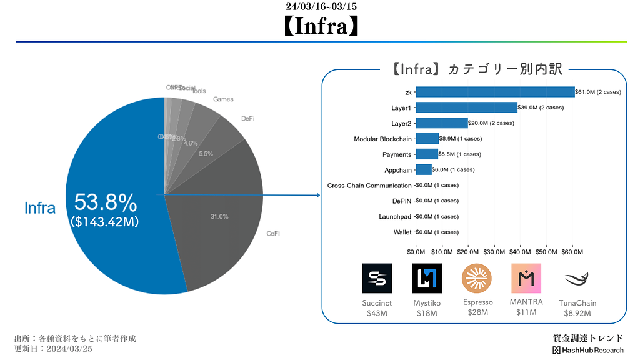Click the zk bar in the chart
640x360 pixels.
pyautogui.click(x=495, y=92)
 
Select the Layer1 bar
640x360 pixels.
pyautogui.click(x=466, y=107)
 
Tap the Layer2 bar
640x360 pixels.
pyautogui.click(x=441, y=123)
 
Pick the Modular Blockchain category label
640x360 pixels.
pyautogui.click(x=382, y=139)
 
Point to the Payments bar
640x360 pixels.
pyautogui.click(x=427, y=154)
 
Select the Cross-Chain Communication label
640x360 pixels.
pyautogui.click(x=369, y=186)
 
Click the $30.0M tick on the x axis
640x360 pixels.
pyautogui.click(x=494, y=252)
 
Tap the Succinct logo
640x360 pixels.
pyautogui.click(x=377, y=279)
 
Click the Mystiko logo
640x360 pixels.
pyautogui.click(x=427, y=279)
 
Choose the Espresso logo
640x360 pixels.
pyautogui.click(x=477, y=279)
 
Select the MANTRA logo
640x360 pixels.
pyautogui.click(x=526, y=279)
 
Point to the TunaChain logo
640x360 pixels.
pyautogui.click(x=577, y=279)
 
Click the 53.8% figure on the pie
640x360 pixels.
pyautogui.click(x=106, y=202)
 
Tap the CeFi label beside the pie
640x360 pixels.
pyautogui.click(x=273, y=234)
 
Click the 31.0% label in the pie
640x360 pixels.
pyautogui.click(x=219, y=217)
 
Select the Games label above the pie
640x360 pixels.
pyautogui.click(x=223, y=99)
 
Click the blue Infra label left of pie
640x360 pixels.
pyautogui.click(x=40, y=208)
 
